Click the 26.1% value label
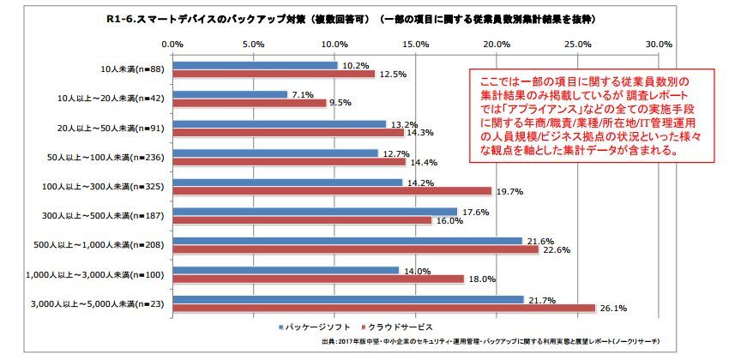pos(612,308)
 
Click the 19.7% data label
pos(509,191)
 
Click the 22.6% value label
pos(556,249)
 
